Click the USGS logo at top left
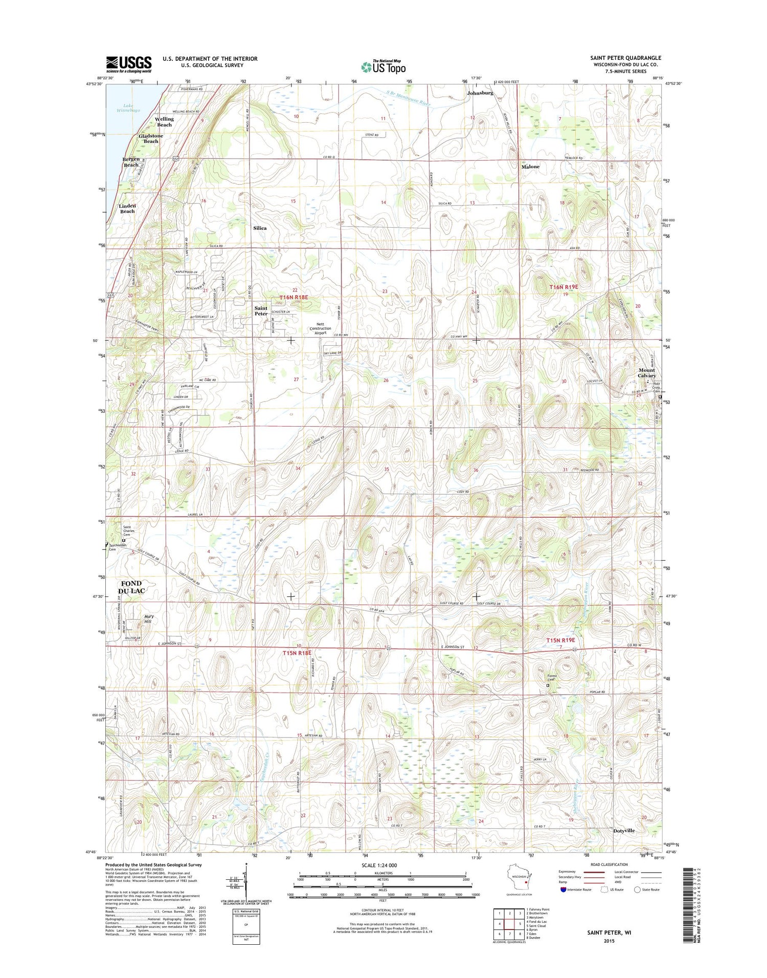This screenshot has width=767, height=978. pos(129,64)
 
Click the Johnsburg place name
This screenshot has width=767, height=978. pos(480,93)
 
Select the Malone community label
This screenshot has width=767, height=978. pos(530,167)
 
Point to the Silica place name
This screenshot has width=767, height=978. pos(260,228)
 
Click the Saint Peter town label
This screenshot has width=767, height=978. pos(261,311)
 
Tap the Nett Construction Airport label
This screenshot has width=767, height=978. pos(320,328)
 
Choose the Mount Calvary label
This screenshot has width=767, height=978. pos(646,373)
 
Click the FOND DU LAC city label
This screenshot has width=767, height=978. pos(131,587)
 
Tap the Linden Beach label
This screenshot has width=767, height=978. pos(127,208)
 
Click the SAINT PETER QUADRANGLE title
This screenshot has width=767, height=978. pos(625,58)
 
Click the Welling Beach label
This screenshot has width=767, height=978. pos(164,122)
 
